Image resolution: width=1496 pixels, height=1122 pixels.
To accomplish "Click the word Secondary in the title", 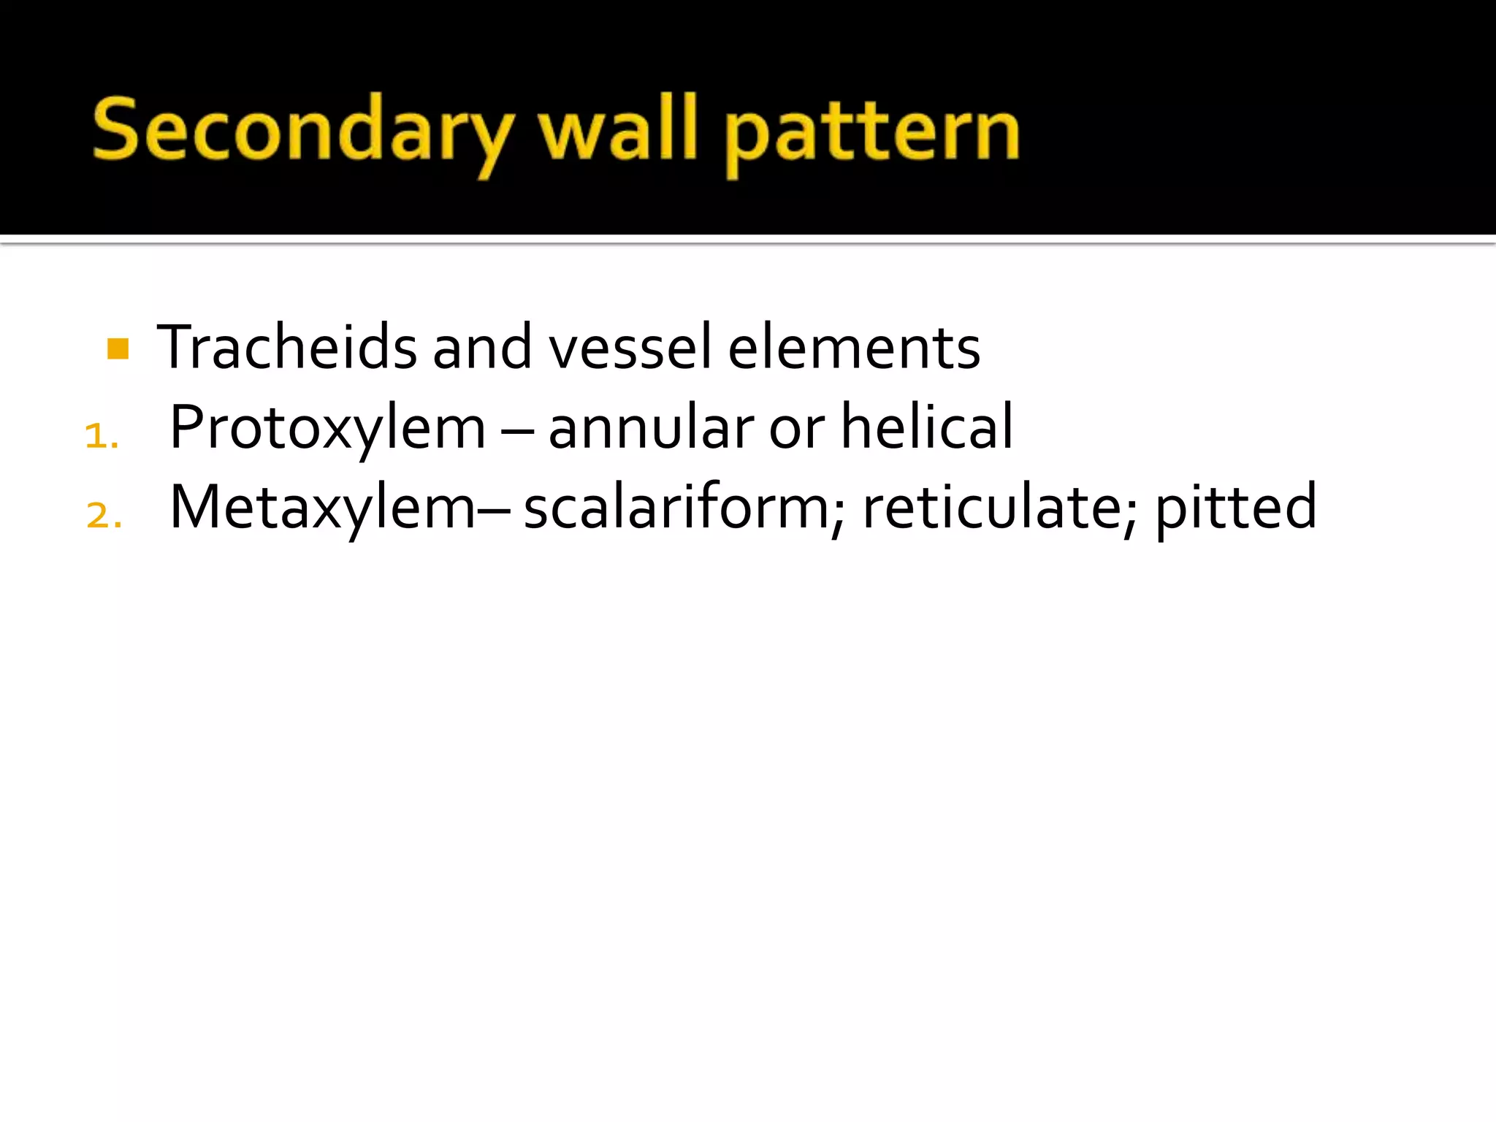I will pyautogui.click(x=302, y=131).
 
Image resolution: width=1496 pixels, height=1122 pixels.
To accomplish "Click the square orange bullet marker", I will pyautogui.click(x=118, y=348).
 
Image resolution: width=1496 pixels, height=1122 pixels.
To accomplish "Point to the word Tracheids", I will pyautogui.click(x=286, y=347).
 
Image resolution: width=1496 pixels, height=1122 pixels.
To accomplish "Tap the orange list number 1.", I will pyautogui.click(x=101, y=437).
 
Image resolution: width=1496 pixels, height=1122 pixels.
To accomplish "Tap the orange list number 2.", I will pyautogui.click(x=103, y=516).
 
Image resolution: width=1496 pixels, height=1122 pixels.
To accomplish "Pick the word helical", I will pyautogui.click(x=926, y=427).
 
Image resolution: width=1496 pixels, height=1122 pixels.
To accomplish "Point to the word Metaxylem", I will pyautogui.click(x=322, y=508).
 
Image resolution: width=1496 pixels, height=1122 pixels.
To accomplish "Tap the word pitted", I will pyautogui.click(x=1235, y=508).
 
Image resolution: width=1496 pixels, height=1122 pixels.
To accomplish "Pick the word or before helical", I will pyautogui.click(x=796, y=431).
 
